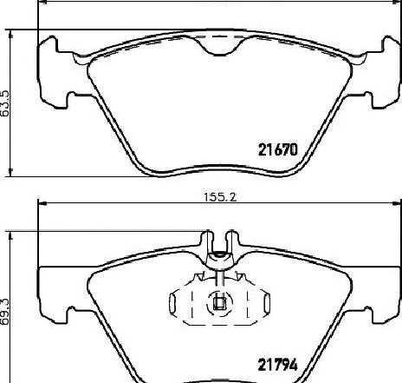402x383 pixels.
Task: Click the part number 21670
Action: click(277, 150)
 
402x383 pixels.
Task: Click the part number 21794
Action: click(277, 365)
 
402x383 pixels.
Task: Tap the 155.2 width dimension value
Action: click(220, 197)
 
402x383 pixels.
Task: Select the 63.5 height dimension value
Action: click(5, 103)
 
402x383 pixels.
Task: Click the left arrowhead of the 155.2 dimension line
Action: click(42, 204)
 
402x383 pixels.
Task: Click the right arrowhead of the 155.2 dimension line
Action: click(398, 204)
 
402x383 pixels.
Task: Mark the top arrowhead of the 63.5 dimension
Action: click(11, 34)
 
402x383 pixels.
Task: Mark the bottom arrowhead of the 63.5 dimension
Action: click(11, 172)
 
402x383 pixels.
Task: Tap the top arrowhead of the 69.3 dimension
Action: click(11, 235)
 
